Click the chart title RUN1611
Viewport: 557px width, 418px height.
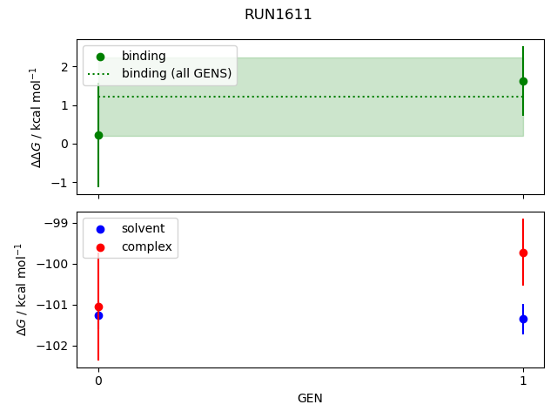[x=278, y=15]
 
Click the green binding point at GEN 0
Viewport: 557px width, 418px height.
[x=98, y=135]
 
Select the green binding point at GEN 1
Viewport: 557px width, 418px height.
[x=523, y=81]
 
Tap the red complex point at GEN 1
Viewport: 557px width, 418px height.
[x=523, y=253]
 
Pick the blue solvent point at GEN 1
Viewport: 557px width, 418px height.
[x=523, y=319]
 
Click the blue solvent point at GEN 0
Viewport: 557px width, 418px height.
[x=98, y=315]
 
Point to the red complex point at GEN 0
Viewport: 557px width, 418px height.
[x=98, y=307]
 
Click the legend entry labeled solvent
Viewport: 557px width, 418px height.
[x=137, y=229]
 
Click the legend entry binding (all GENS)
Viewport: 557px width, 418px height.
[x=177, y=74]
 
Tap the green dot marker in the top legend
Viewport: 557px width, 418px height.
[x=100, y=57]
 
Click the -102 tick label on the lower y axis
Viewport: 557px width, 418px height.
[x=59, y=346]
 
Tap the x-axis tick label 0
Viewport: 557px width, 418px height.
[x=98, y=381]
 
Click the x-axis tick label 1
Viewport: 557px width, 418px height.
[x=523, y=381]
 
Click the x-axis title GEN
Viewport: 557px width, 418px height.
[x=311, y=398]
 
